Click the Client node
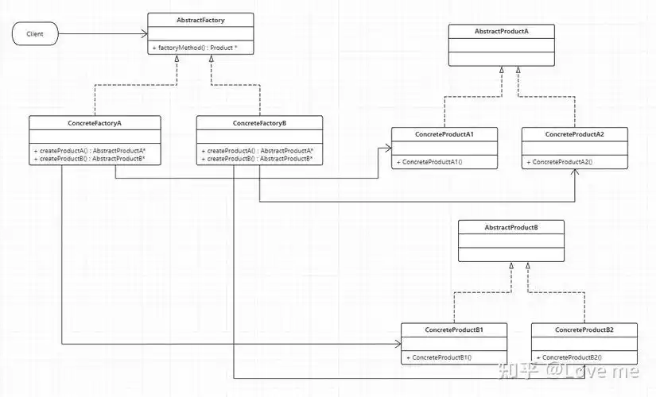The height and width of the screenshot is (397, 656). tap(35, 34)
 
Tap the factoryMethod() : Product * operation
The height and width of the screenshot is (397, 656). tap(196, 48)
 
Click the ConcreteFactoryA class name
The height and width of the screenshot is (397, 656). tap(95, 123)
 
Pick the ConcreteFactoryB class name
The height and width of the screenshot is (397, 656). tap(259, 123)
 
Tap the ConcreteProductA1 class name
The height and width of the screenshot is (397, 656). tap(444, 134)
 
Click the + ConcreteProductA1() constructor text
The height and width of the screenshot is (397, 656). tap(429, 162)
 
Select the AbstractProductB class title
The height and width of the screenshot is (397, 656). tap(511, 228)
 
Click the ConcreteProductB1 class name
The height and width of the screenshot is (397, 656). tap(454, 330)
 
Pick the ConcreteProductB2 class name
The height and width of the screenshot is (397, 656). tap(584, 330)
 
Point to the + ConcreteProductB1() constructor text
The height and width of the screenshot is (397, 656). tap(440, 357)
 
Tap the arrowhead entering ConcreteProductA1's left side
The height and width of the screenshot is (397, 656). tap(387, 147)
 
